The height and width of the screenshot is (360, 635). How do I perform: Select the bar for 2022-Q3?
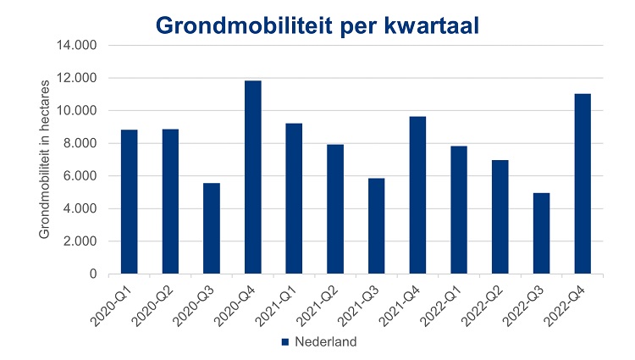tap(541, 234)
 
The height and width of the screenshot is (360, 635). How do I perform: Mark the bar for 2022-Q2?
tap(500, 217)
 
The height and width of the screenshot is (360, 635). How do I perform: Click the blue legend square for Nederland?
tap(285, 343)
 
